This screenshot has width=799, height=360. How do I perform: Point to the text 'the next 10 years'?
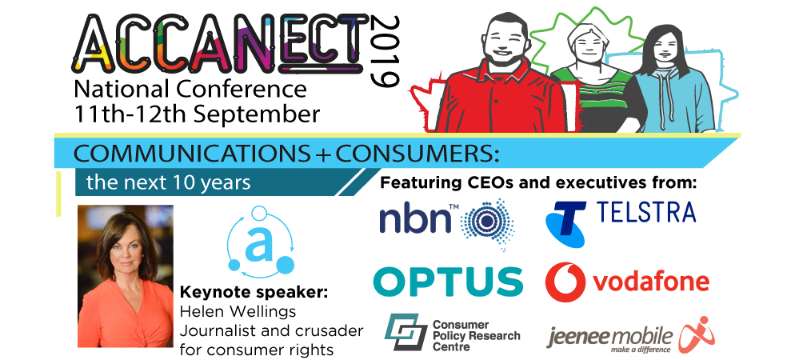tap(168, 182)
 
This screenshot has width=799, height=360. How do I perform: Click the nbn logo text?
tap(416, 220)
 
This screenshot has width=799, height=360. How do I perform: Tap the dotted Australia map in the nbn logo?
tap(487, 224)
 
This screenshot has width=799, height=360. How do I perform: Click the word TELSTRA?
tap(645, 212)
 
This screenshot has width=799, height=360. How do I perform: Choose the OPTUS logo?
tap(448, 282)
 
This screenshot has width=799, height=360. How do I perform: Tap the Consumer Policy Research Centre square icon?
tap(405, 332)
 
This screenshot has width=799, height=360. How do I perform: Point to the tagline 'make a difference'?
tap(635, 350)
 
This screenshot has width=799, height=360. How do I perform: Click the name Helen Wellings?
tap(238, 310)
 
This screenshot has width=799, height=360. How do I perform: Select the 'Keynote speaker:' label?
tap(254, 294)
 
